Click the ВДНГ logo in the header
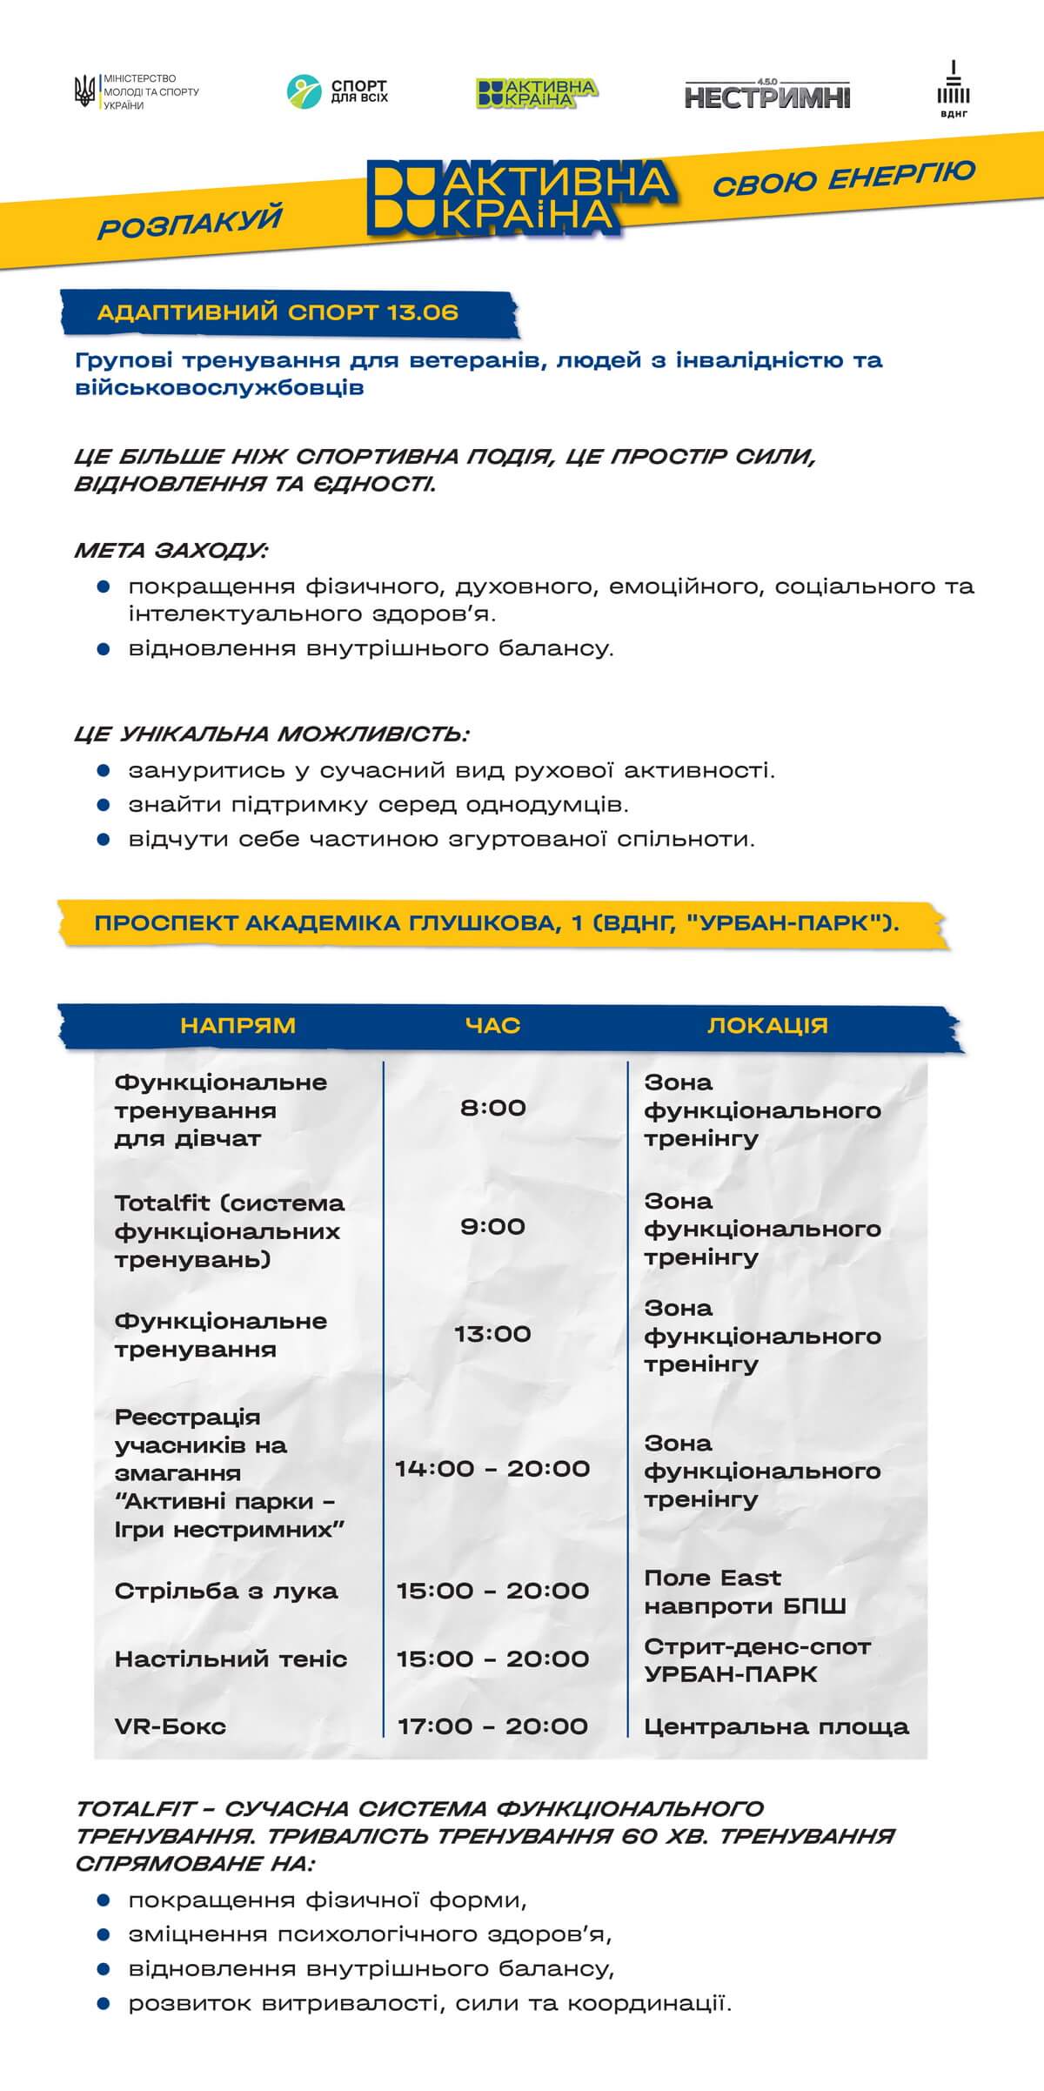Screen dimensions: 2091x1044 coord(954,90)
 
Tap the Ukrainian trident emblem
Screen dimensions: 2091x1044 coord(85,92)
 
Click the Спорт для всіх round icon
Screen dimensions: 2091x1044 coord(304,92)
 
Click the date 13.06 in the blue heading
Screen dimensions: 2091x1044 coord(423,313)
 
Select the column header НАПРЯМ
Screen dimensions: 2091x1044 coord(238,1026)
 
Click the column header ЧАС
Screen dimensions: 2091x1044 coord(492,1026)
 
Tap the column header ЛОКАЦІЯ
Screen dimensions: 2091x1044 coord(767,1026)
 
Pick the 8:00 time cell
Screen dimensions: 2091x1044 coord(492,1108)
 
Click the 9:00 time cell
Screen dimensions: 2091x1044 coord(492,1227)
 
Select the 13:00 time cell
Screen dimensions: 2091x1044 coord(492,1334)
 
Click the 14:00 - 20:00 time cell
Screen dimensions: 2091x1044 coord(492,1469)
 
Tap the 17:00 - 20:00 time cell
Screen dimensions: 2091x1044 coord(492,1726)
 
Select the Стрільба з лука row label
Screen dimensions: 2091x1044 coord(226,1592)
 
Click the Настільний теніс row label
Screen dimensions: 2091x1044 coord(231,1659)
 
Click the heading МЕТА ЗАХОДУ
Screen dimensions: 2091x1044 coord(171,551)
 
